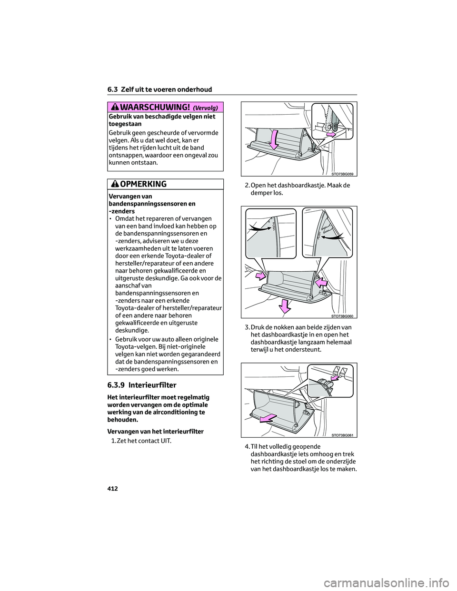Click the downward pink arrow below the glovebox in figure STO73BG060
point(285,305)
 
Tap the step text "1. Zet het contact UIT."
point(141,440)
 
